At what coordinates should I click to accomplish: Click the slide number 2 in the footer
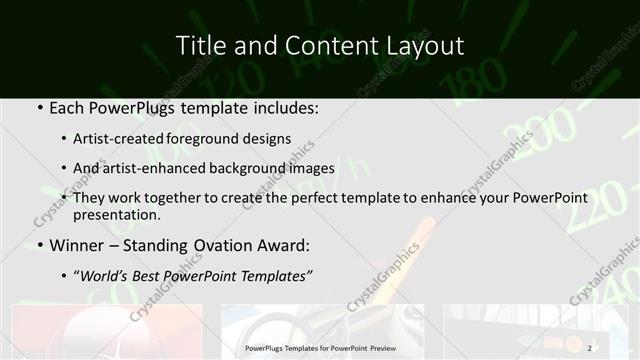pyautogui.click(x=590, y=348)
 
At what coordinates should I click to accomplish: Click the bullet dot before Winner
pyautogui.click(x=38, y=245)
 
